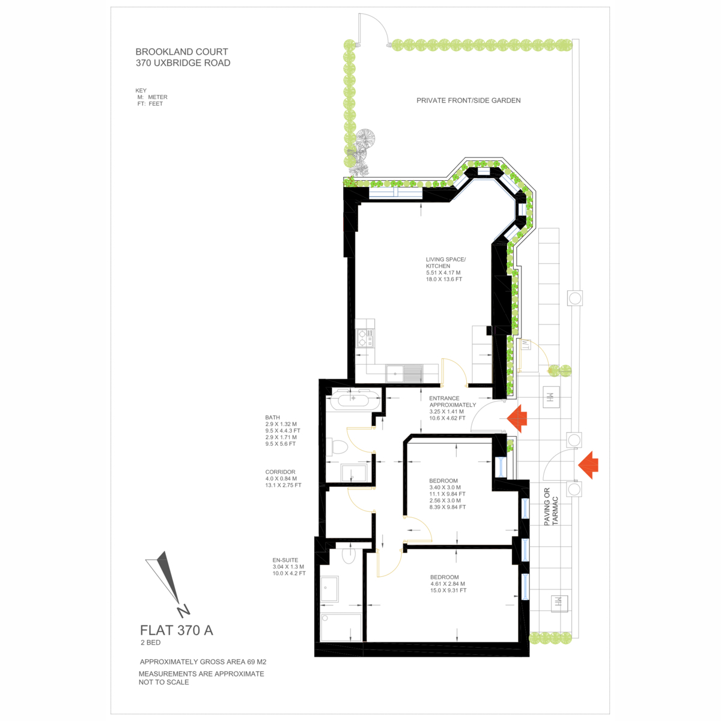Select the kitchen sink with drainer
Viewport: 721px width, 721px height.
tap(404, 373)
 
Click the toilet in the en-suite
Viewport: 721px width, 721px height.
tap(348, 555)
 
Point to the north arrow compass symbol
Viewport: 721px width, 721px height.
tap(166, 583)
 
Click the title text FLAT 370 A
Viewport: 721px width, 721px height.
tap(177, 630)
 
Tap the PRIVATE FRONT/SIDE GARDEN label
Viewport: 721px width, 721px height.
tap(469, 100)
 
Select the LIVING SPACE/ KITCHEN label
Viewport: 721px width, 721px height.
tap(446, 263)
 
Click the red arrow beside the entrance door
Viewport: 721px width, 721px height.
tap(517, 418)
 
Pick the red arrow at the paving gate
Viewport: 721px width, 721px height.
tap(588, 465)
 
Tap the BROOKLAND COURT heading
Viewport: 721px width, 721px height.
tap(182, 52)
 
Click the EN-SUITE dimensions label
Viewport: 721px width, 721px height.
tap(289, 567)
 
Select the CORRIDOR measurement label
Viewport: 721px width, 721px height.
tap(283, 478)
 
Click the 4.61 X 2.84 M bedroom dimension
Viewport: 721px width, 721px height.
tap(448, 583)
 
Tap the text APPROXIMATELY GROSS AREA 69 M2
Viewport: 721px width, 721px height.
tap(203, 662)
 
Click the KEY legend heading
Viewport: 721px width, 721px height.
tap(141, 91)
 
